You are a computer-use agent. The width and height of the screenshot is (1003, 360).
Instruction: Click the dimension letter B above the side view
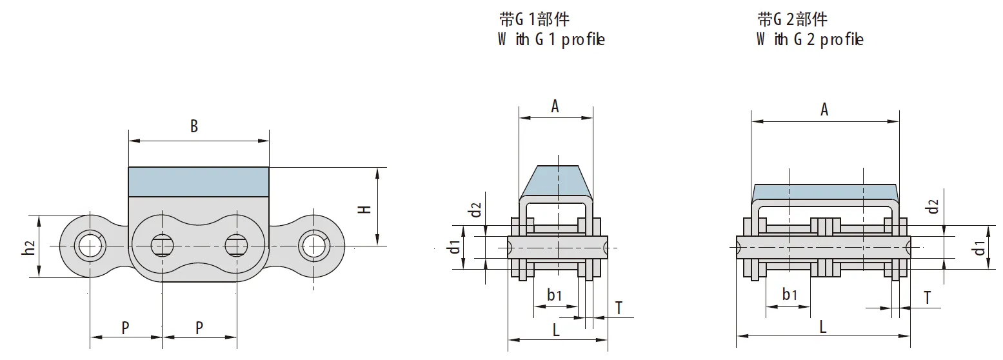pos(194,126)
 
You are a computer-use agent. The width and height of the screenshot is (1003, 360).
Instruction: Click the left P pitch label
pos(126,328)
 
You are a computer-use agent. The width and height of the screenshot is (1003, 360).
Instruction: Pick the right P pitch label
pos(199,328)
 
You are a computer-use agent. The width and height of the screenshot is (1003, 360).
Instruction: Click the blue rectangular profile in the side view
pos(199,181)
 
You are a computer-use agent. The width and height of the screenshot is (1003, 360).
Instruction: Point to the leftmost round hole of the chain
pos(88,246)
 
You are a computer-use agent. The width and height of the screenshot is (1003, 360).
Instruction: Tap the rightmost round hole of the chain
pos(313,246)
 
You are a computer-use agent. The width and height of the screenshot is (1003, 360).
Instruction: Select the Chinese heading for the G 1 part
pos(535,19)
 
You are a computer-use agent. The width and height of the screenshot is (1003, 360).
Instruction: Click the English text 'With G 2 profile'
pos(809,40)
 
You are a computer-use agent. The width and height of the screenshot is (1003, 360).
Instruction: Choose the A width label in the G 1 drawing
pos(555,106)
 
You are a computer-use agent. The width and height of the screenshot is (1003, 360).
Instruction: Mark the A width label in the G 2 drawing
pos(824,110)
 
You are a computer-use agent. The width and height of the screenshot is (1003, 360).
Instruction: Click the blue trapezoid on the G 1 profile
pos(555,181)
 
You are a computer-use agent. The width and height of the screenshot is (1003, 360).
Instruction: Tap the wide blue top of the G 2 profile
pos(824,192)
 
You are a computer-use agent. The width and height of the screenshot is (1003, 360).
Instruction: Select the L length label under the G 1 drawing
pos(556,330)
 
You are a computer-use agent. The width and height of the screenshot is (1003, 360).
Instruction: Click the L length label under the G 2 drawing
pos(822,326)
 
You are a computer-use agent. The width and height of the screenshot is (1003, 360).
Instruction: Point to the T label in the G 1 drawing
pos(619,308)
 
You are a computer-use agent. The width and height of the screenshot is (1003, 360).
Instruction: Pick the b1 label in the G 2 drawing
pos(789,295)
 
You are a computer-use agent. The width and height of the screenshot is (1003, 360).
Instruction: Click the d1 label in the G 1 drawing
pos(455,246)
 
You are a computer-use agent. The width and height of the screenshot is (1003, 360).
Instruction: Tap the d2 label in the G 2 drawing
pos(932,207)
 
